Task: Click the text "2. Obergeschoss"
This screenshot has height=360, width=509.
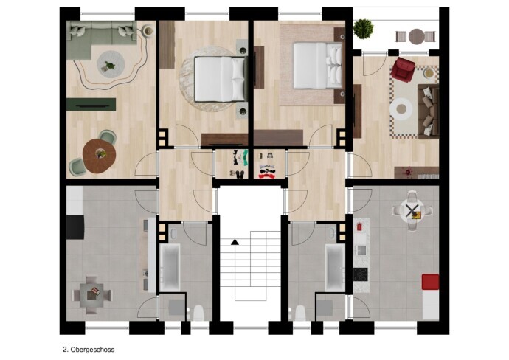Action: pos(89,350)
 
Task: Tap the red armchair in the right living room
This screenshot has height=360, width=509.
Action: pos(403,69)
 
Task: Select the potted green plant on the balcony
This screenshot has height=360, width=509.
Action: pos(364,29)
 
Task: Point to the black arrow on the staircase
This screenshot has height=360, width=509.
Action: pos(235,242)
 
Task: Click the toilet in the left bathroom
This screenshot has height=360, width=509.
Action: pos(198,312)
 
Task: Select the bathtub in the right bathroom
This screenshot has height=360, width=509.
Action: pos(336,268)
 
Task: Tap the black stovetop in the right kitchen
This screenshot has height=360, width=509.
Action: pos(361,274)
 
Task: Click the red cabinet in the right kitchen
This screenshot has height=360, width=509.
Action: pos(431,282)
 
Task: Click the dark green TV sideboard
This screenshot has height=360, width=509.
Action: pos(91,105)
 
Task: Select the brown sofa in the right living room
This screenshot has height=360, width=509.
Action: pos(429,111)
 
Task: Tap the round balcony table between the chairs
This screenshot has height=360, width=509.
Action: pos(417,36)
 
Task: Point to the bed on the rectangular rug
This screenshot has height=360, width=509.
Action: pos(318,66)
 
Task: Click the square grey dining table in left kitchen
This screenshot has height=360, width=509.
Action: pos(93,294)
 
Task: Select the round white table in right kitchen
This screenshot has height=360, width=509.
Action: pos(412,211)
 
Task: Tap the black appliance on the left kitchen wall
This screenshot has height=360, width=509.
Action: pos(75,227)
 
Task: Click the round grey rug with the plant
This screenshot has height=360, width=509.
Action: pos(111,64)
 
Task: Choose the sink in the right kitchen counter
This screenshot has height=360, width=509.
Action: pos(361,250)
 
